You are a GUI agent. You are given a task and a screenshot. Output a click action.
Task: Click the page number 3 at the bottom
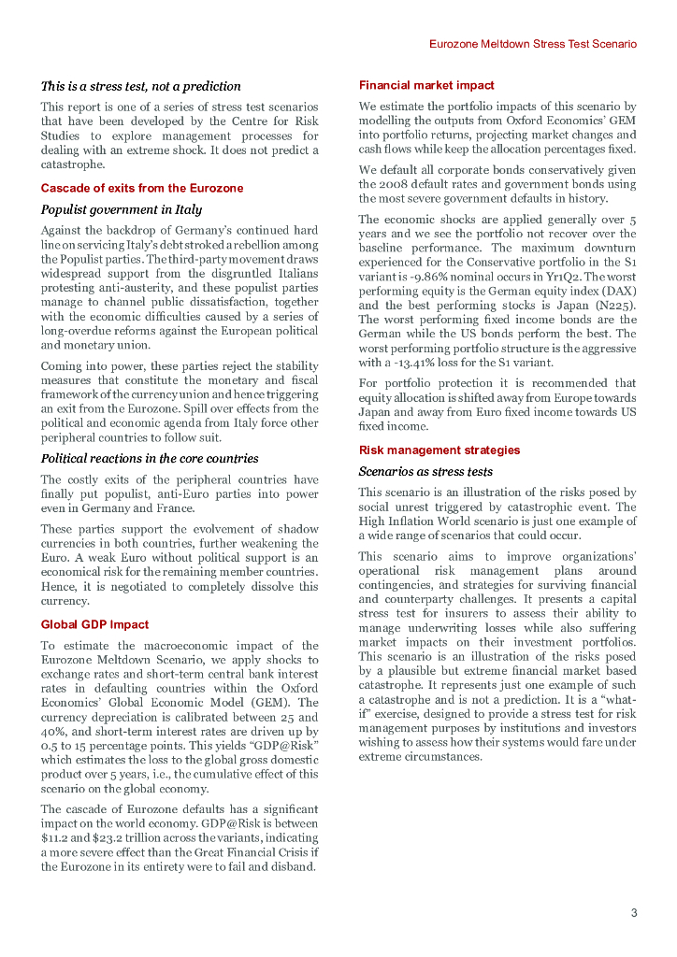[633, 913]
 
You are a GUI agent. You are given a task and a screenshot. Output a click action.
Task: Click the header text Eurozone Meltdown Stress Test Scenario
[533, 44]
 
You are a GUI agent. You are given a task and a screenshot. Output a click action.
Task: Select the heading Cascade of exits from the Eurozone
[141, 188]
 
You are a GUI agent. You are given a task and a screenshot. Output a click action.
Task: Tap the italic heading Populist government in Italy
[121, 209]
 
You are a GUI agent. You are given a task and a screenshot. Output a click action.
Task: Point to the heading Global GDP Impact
[94, 624]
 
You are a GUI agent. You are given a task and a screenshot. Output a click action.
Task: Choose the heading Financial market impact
[426, 85]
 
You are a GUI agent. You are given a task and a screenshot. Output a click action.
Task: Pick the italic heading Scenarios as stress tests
[425, 472]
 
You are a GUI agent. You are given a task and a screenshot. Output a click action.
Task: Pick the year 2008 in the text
[399, 183]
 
